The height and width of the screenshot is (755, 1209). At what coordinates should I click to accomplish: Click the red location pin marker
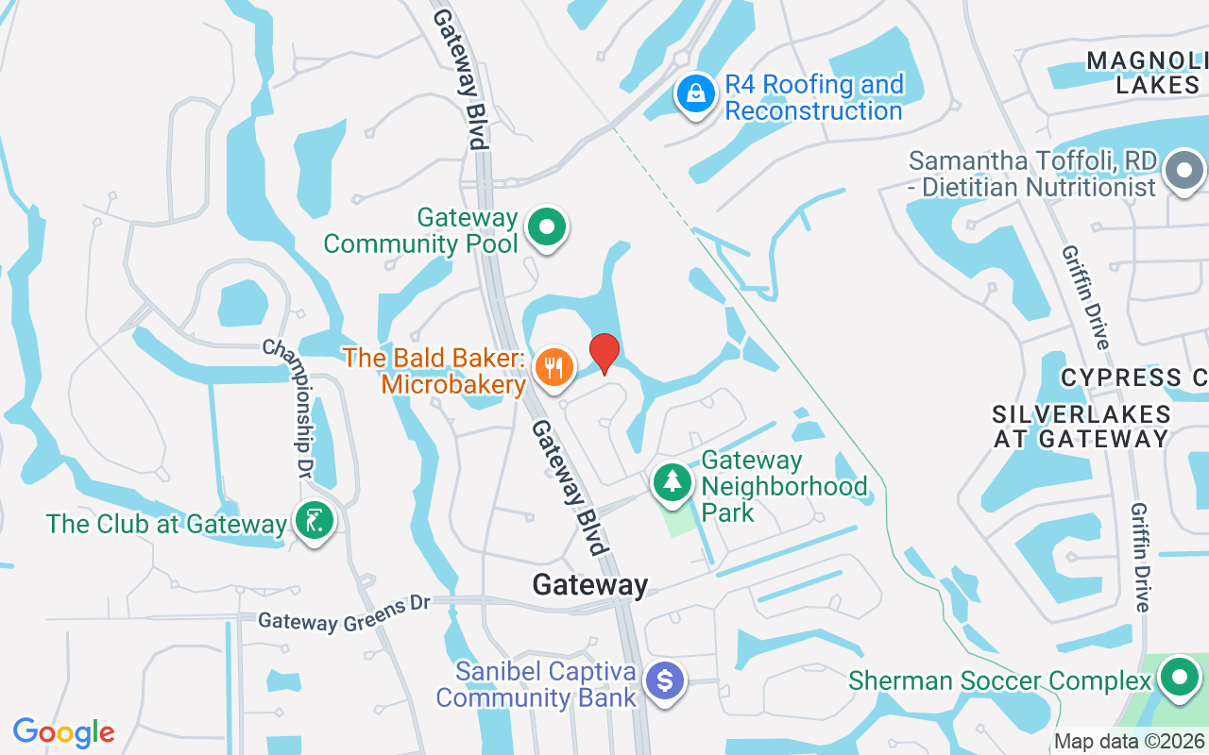click(604, 354)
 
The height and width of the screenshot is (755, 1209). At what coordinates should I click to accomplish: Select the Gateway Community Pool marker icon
click(546, 227)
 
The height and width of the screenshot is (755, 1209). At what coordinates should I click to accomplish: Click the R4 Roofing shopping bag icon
click(695, 93)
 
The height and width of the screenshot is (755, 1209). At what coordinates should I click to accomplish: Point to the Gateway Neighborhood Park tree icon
click(673, 481)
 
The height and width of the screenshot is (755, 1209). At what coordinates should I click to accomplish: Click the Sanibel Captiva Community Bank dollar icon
click(666, 680)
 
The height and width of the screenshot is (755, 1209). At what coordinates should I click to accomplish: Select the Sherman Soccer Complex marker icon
click(1179, 677)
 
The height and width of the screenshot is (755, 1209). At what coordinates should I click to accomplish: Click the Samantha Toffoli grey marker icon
click(1184, 172)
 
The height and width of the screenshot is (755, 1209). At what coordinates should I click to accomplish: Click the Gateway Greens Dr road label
click(344, 613)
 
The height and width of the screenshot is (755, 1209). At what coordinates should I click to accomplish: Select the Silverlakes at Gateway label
click(1081, 427)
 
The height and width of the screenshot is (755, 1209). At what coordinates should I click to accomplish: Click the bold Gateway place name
click(590, 585)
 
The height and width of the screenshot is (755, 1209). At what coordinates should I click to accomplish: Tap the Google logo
click(64, 731)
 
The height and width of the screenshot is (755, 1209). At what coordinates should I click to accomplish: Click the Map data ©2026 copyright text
click(1129, 742)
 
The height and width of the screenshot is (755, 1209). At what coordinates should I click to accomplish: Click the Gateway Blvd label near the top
click(461, 80)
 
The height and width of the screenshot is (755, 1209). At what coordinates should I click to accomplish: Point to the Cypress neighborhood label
click(1133, 377)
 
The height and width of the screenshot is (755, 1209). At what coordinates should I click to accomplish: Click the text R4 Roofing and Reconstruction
click(813, 97)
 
